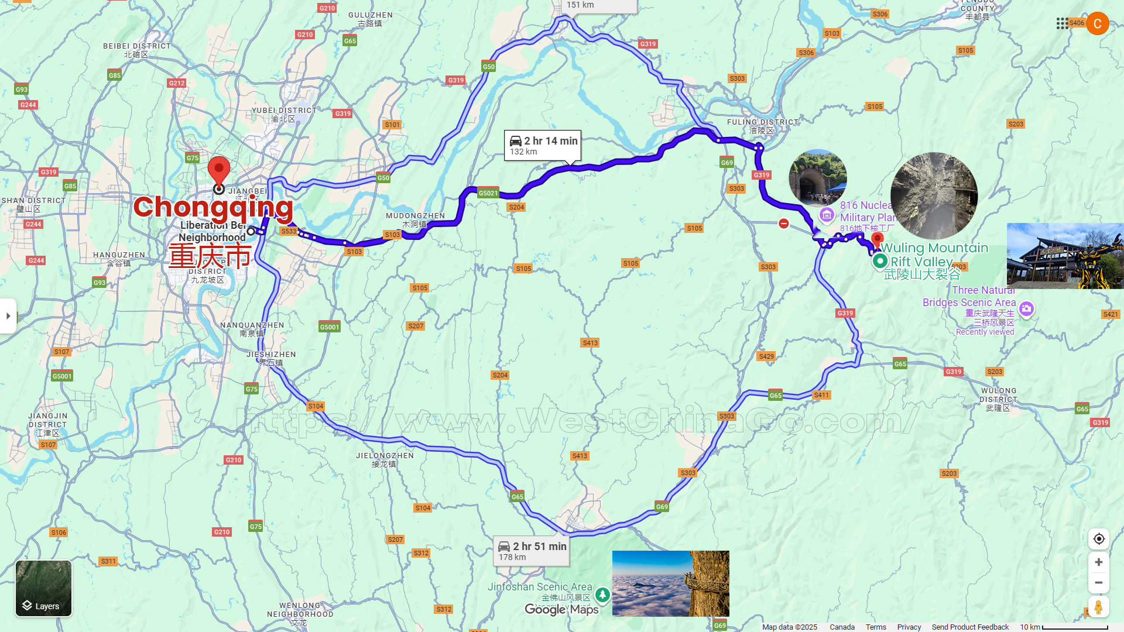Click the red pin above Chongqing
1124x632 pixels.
coord(219,171)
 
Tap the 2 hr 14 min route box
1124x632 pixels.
coord(543,146)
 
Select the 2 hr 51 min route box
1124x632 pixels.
coord(532,551)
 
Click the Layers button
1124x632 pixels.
coord(43,589)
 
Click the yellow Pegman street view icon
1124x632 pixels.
coord(1098,607)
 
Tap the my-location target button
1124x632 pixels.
coord(1098,539)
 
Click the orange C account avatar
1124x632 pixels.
coord(1097,23)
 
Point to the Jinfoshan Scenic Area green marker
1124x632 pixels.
coord(602,595)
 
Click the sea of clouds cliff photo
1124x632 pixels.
coord(670,583)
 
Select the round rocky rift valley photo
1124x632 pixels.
coord(934,196)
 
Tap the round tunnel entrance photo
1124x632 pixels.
coord(818,178)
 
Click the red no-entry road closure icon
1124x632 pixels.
coord(784,224)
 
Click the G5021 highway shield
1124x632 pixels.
coord(488,193)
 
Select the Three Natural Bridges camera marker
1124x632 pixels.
coord(1026,309)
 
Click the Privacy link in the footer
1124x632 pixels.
coord(909,627)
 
